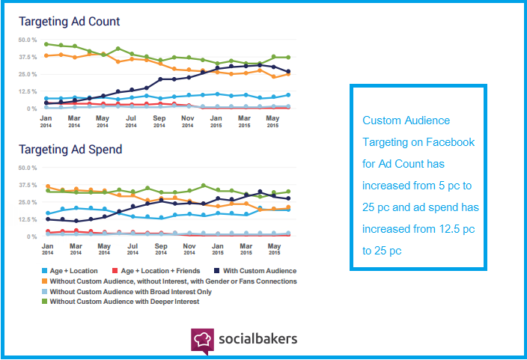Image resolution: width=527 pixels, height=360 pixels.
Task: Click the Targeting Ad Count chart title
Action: coord(69,22)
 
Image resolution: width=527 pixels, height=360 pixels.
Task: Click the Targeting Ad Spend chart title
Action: coord(70,150)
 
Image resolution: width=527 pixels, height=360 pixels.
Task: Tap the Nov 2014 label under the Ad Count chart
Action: coord(188,121)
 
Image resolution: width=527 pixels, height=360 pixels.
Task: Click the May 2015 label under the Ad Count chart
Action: coord(272,121)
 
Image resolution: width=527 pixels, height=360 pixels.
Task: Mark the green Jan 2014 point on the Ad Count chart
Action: coord(46,44)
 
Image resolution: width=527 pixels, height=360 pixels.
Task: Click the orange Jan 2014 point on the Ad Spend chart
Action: coord(47,186)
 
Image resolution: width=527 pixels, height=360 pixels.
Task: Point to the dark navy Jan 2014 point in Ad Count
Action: coord(46,103)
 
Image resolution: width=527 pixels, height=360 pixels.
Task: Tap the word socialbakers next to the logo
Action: coord(258,338)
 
